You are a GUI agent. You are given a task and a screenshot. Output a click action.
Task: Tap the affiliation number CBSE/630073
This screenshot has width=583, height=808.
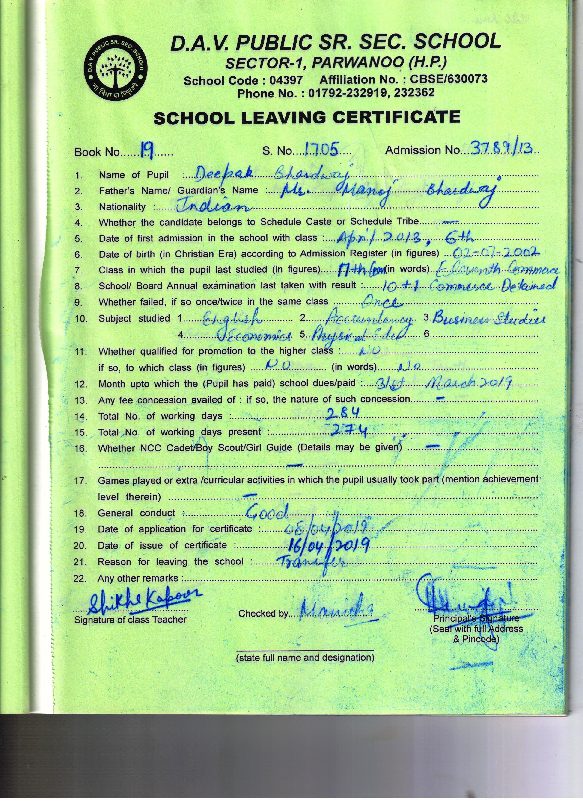click(449, 79)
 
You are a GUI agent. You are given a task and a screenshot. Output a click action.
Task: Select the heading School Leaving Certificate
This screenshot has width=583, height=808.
click(307, 117)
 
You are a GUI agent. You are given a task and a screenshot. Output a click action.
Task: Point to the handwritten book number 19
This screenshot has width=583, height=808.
click(146, 151)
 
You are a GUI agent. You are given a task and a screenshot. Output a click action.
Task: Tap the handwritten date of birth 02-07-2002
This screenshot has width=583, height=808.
click(496, 253)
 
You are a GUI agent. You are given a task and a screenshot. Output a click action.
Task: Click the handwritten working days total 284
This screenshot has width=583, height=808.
click(343, 413)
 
